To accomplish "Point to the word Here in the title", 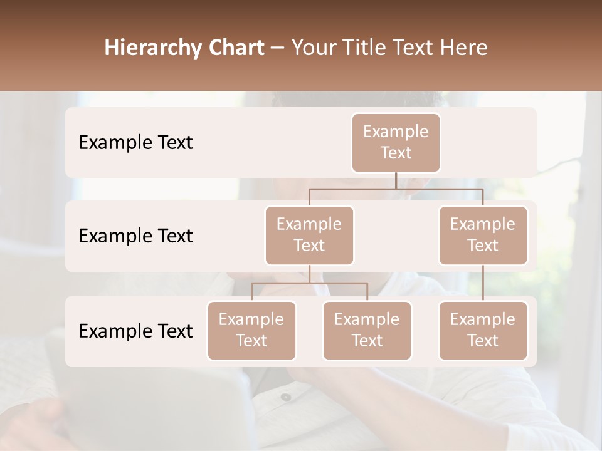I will [464, 48].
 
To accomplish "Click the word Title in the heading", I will [363, 48].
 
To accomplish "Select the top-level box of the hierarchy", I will [396, 142].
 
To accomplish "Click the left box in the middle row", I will [309, 235].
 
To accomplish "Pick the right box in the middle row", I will [483, 235].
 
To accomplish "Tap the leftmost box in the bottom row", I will [251, 330].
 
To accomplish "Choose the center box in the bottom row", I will [367, 330].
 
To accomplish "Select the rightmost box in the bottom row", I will [483, 330].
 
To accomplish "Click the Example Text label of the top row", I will [135, 142].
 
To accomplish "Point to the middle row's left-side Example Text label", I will [135, 236].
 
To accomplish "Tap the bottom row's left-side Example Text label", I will [135, 331].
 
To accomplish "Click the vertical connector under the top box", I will [396, 180].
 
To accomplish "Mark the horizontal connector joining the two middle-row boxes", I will [396, 189].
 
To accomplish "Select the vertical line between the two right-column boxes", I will [483, 283].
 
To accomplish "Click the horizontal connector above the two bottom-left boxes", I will [309, 283].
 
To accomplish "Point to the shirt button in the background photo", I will [286, 397].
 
